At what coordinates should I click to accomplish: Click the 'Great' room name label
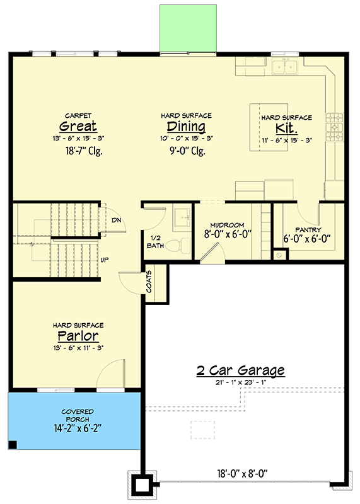[78, 126]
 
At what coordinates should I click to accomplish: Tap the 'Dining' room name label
[186, 127]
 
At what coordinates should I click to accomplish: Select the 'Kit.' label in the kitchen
[286, 129]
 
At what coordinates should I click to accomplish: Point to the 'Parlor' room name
[78, 335]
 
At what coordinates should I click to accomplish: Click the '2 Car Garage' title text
[239, 370]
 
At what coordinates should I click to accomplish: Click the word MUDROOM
[228, 225]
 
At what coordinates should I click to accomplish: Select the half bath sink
[183, 217]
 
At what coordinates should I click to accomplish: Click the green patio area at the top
[190, 29]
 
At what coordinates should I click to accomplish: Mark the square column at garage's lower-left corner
[142, 485]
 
